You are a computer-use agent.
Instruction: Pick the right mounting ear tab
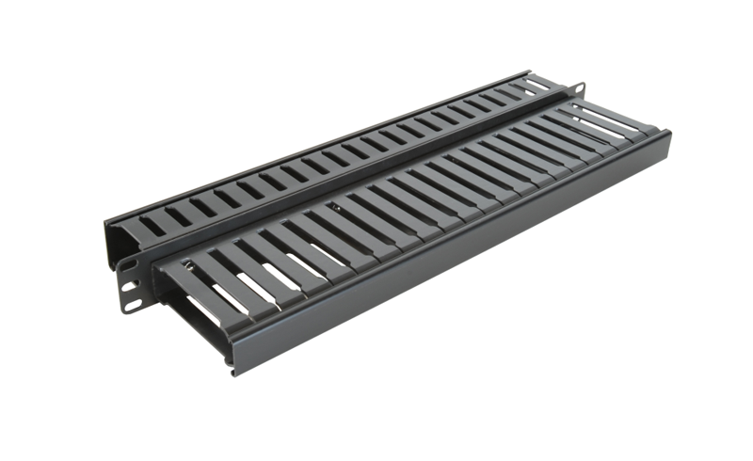coord(576,90)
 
